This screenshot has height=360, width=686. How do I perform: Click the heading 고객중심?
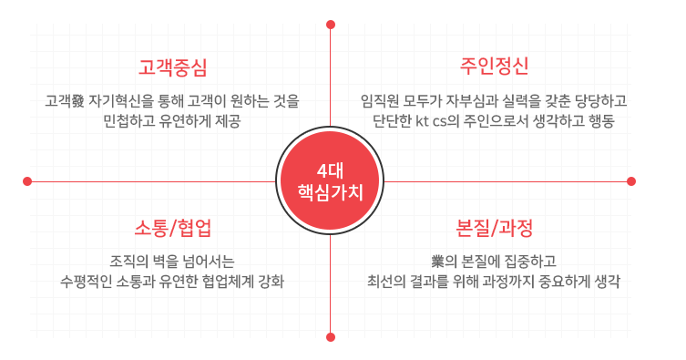pyautogui.click(x=172, y=67)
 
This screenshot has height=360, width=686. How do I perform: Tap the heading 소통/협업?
pyautogui.click(x=172, y=226)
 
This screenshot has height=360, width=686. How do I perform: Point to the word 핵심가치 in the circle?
pyautogui.click(x=330, y=192)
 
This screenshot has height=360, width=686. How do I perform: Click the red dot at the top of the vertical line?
pyautogui.click(x=330, y=25)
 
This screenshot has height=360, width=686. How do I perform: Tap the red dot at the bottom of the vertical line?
pyautogui.click(x=330, y=336)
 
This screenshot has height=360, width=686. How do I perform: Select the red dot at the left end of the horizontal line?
pyautogui.click(x=27, y=181)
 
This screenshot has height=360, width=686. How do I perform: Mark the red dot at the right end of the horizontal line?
pyautogui.click(x=631, y=181)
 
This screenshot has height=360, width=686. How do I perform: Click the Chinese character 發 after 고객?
pyautogui.click(x=77, y=99)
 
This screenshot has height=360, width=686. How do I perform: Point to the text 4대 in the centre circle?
pyautogui.click(x=330, y=170)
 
